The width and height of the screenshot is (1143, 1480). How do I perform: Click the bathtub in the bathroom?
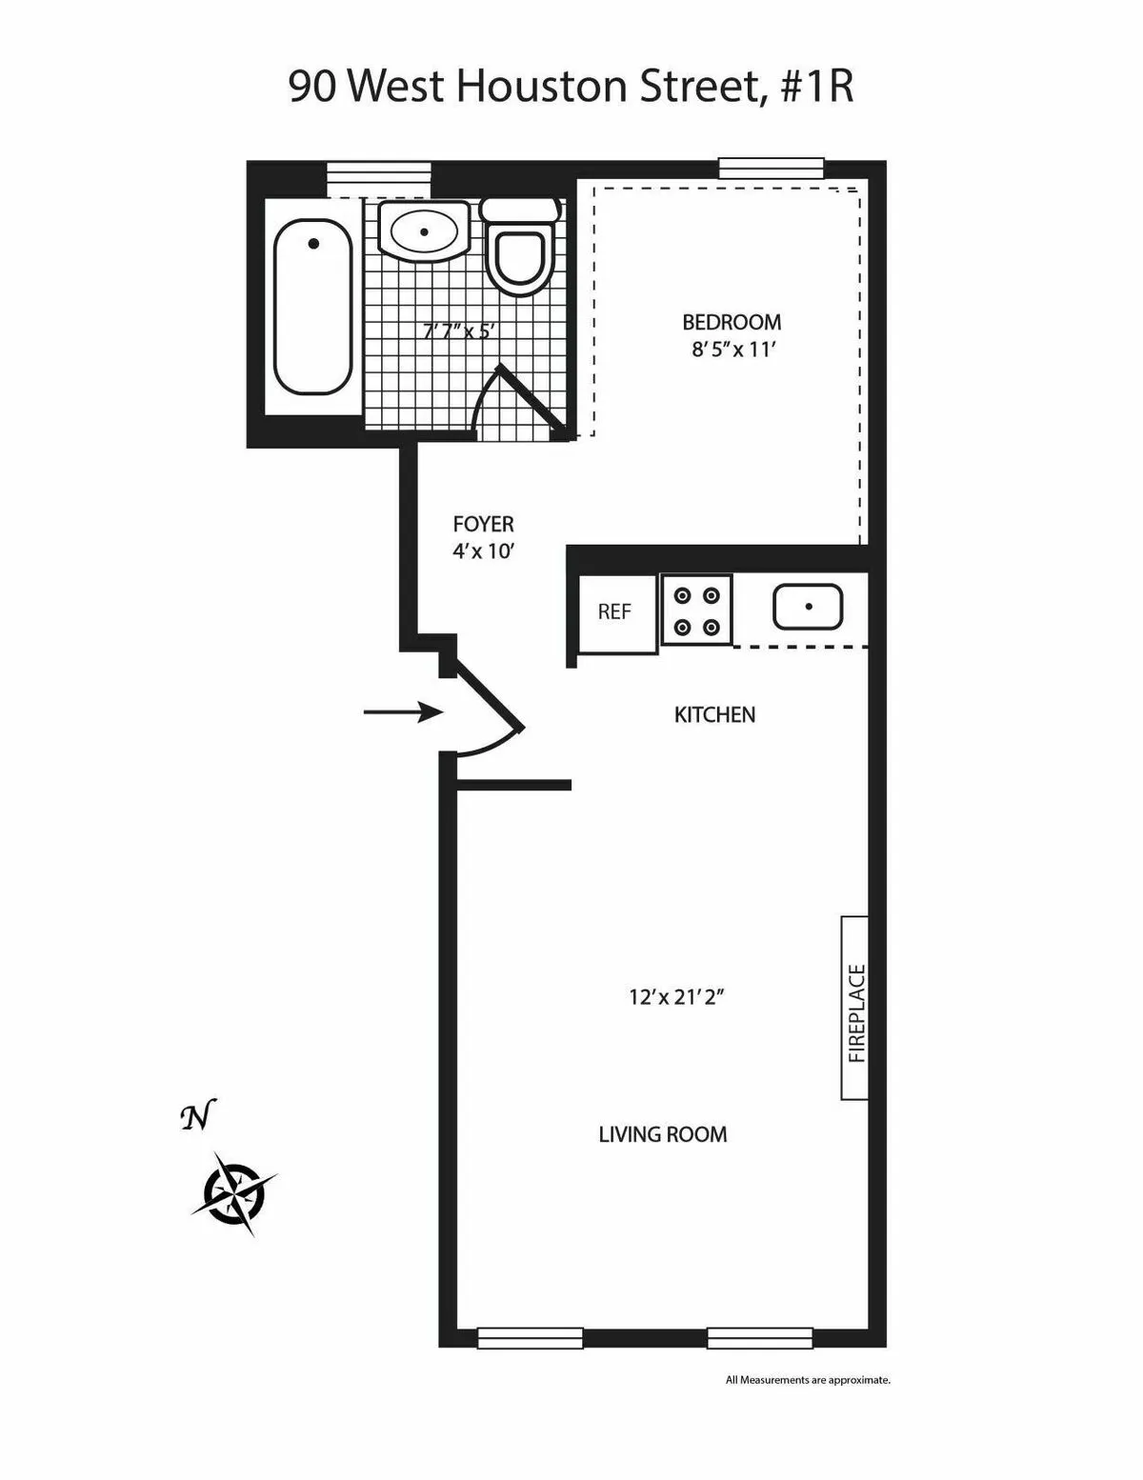312,307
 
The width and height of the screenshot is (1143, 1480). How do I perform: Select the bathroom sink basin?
423,230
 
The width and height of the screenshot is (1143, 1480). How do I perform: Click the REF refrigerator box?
614,612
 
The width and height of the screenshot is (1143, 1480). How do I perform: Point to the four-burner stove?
696,610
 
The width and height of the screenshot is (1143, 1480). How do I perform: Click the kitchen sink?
808,607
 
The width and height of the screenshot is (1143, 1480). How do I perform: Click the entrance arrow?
403,711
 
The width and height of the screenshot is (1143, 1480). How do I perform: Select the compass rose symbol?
233,1191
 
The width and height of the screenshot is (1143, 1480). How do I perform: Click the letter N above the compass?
198,1116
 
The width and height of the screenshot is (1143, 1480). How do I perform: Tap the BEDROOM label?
732,322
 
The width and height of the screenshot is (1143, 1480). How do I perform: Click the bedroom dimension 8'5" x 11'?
732,349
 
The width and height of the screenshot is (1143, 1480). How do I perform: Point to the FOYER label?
483,524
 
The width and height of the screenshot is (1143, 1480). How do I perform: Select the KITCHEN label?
714,714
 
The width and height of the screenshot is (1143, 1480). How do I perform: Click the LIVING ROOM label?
662,1134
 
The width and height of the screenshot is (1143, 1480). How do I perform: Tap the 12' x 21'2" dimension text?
678,997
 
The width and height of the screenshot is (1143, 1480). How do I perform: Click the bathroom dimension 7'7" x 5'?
460,330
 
